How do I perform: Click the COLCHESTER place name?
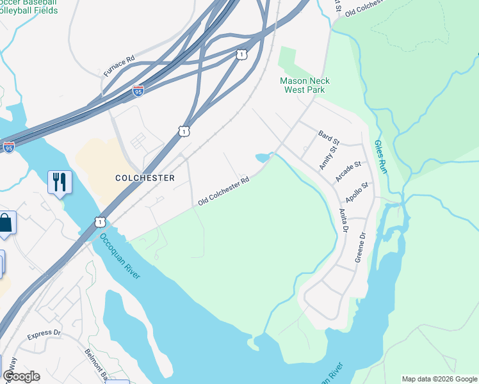pyautogui.click(x=144, y=178)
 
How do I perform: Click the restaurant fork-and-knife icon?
pyautogui.click(x=60, y=182)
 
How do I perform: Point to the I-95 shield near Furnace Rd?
pyautogui.click(x=138, y=92)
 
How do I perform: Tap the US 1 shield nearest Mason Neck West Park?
pyautogui.click(x=241, y=55)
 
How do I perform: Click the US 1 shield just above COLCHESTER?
pyautogui.click(x=184, y=131)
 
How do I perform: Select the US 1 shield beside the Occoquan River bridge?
pyautogui.click(x=100, y=221)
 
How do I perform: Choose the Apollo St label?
pyautogui.click(x=357, y=191)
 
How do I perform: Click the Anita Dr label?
pyautogui.click(x=344, y=220)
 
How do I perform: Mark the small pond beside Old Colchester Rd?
pyautogui.click(x=263, y=157)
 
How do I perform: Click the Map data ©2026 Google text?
pyautogui.click(x=439, y=379)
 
